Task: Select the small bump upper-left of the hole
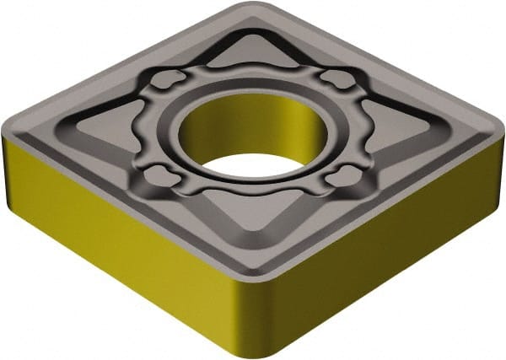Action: tap(170, 80)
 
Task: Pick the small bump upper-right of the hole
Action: tap(338, 80)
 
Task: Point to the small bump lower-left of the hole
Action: tap(159, 176)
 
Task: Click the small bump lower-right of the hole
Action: tap(344, 176)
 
